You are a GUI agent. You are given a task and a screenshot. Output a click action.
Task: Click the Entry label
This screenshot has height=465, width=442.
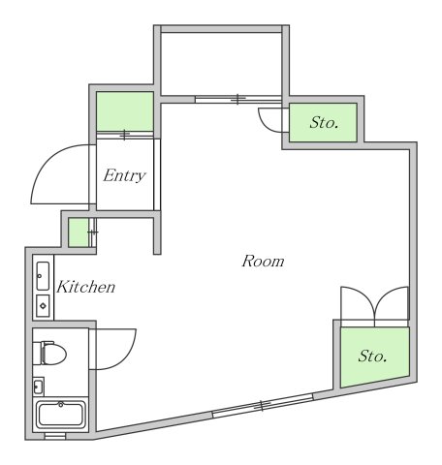(x=125, y=175)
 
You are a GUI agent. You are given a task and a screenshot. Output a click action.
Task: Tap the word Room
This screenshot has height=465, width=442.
(x=263, y=261)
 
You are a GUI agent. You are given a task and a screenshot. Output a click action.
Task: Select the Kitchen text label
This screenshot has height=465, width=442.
(x=85, y=287)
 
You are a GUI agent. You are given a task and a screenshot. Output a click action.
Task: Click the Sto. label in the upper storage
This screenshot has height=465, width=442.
(x=324, y=123)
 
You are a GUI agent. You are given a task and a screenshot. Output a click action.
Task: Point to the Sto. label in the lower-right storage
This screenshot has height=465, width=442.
(x=372, y=356)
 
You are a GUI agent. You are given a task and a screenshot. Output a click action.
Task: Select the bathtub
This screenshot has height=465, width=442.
(x=61, y=414)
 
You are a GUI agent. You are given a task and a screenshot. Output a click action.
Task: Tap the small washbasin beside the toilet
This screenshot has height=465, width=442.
(x=38, y=387)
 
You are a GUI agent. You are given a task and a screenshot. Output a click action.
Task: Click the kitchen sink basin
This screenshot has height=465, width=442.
(x=43, y=276)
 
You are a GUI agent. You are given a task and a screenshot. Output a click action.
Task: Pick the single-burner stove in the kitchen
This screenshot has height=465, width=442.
(x=43, y=305)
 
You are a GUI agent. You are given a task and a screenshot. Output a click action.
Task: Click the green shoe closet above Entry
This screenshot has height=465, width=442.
(x=125, y=111)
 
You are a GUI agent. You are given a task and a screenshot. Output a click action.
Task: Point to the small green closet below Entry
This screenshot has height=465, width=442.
(x=79, y=232)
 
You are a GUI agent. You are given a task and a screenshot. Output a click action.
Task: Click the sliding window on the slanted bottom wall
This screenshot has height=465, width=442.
(x=263, y=406)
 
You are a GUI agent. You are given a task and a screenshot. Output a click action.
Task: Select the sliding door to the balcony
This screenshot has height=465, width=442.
(x=238, y=99)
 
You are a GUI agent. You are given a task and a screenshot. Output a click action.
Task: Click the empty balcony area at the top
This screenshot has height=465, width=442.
(x=222, y=64)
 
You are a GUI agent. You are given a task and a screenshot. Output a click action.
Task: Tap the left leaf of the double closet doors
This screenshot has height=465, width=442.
(x=358, y=303)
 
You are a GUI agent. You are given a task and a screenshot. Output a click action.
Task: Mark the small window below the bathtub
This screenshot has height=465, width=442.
(x=55, y=436)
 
